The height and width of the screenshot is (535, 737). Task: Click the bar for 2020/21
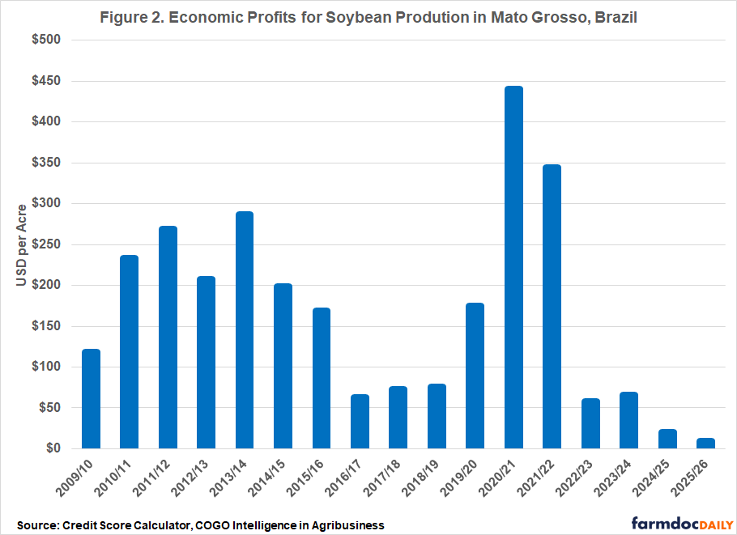click(x=513, y=267)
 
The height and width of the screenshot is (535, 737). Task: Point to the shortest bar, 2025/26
click(x=705, y=444)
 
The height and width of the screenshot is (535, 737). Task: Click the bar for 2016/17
click(x=360, y=421)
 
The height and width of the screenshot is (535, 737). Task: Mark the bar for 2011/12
click(x=168, y=337)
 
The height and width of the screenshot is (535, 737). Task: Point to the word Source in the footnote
click(x=36, y=524)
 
